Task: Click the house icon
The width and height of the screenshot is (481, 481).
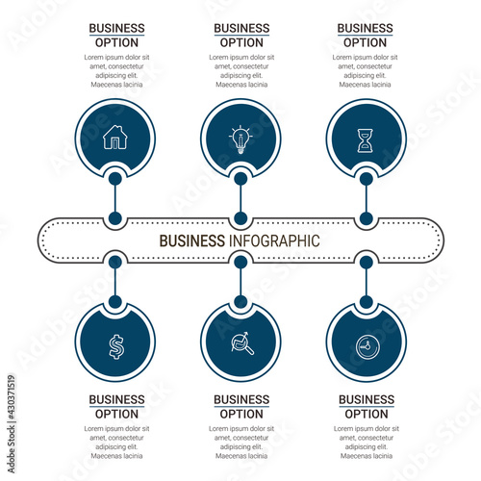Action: (115, 138)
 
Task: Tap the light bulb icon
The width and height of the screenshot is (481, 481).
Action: (240, 139)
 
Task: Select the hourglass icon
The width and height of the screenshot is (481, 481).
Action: (366, 140)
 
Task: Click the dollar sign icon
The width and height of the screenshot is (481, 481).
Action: (115, 346)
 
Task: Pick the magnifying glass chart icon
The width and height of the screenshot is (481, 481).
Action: (242, 343)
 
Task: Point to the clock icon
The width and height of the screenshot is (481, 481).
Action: (367, 347)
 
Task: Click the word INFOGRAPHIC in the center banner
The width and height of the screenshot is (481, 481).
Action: (274, 240)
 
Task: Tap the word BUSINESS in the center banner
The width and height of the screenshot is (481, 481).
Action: (192, 240)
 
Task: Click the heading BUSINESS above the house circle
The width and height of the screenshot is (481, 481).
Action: (116, 28)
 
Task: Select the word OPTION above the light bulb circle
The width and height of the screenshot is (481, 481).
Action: (241, 42)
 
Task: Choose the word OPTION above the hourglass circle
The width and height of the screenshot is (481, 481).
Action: (365, 42)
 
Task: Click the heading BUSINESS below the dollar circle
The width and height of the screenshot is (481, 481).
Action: (116, 399)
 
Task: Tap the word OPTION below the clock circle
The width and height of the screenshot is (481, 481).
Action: (367, 414)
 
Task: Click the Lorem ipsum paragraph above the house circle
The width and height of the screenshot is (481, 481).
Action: (116, 71)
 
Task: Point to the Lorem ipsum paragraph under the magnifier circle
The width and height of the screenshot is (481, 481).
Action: (241, 443)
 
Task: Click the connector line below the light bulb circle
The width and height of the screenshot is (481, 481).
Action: (240, 199)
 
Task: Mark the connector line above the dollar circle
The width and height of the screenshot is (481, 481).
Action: (115, 282)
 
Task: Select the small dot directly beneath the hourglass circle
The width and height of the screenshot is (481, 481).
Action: (367, 179)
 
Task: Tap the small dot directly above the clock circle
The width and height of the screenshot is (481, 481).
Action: (367, 302)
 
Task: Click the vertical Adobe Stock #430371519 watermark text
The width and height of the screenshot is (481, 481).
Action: (12, 424)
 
